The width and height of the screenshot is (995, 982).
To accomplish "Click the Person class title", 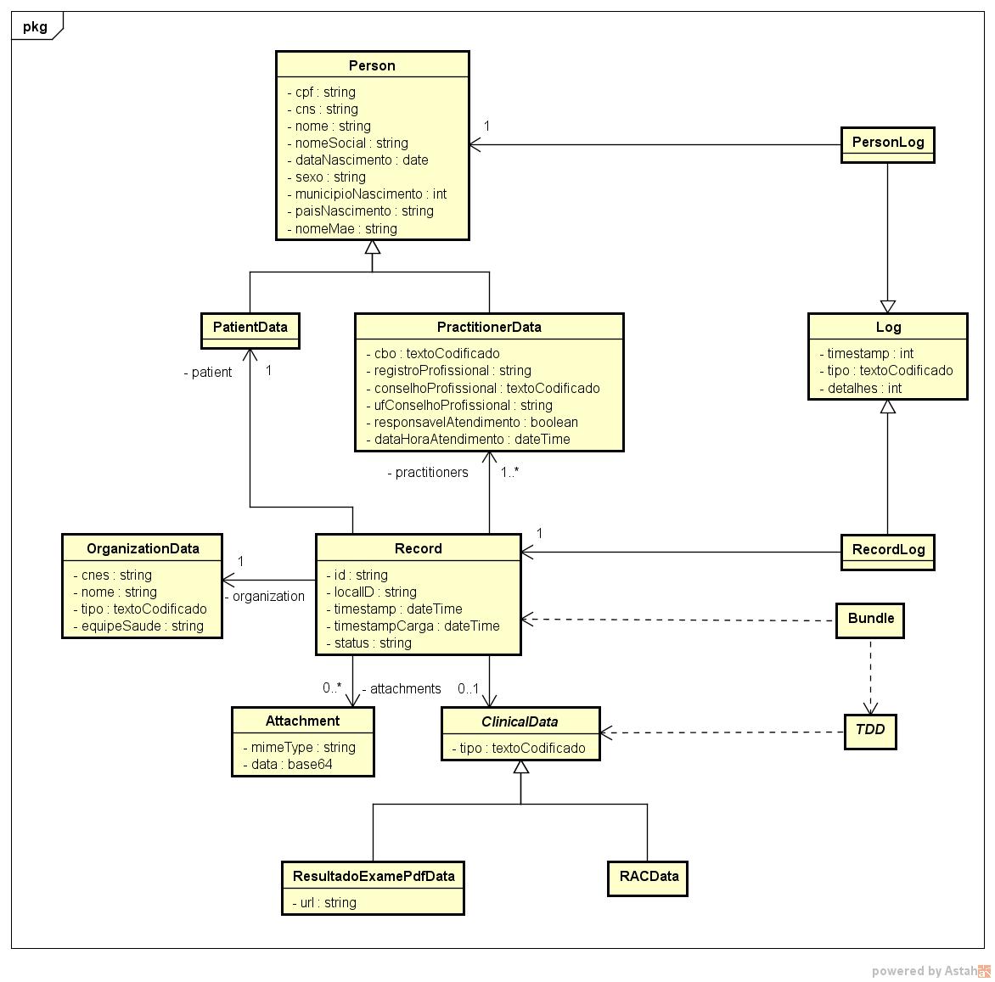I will [372, 65].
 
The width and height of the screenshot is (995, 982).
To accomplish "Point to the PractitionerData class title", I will [488, 327].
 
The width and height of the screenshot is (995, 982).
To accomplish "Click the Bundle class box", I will [870, 619].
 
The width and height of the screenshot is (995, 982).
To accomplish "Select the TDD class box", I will [869, 730].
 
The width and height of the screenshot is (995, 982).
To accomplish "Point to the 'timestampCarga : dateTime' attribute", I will [416, 626].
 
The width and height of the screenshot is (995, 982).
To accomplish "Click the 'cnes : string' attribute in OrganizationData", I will [116, 575].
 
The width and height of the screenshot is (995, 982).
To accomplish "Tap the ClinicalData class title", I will [520, 721].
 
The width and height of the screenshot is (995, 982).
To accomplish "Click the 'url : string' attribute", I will [328, 902].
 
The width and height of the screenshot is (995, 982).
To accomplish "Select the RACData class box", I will [648, 877].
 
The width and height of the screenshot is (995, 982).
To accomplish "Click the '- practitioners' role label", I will [428, 473].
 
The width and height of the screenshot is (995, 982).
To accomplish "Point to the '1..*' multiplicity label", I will [509, 473].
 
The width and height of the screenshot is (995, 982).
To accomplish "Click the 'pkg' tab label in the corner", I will [35, 26].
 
